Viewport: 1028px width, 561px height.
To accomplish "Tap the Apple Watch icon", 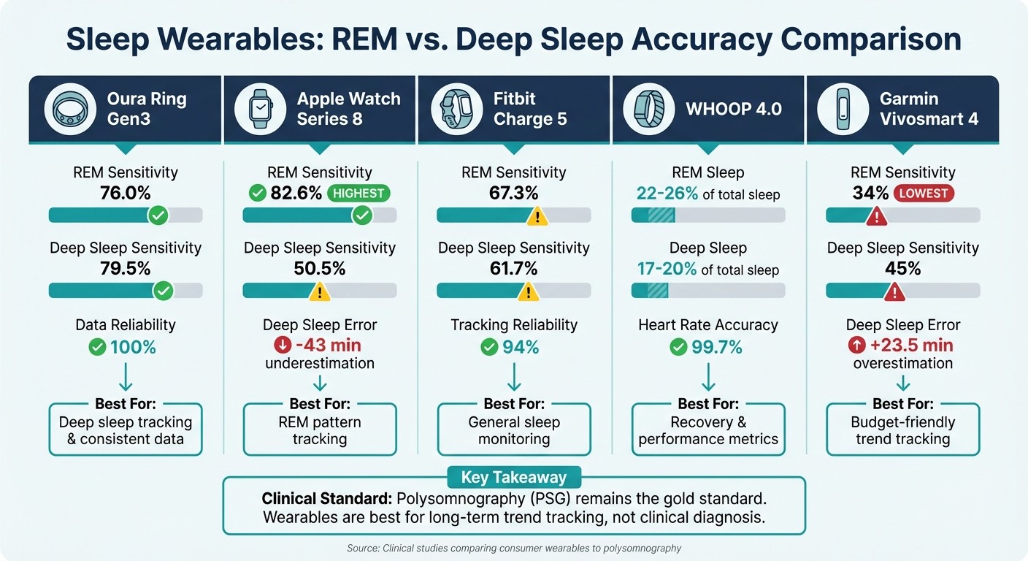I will tap(260, 109).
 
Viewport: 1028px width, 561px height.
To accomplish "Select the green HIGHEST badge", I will tap(358, 194).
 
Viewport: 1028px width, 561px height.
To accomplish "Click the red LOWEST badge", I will tap(924, 194).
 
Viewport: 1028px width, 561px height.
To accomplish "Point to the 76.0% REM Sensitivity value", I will tap(125, 193).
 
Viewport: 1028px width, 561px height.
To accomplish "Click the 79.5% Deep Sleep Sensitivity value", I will tap(125, 268).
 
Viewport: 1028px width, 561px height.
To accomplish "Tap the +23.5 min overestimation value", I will tap(911, 345).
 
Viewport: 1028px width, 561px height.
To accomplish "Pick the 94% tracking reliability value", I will tap(521, 347).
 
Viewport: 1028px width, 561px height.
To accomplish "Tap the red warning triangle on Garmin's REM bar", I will tap(875, 216).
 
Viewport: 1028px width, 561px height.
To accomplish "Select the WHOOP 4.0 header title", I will tap(733, 109).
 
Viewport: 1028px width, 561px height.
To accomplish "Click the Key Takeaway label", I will tap(513, 478).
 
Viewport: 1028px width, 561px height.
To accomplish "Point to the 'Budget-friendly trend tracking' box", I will tap(903, 430).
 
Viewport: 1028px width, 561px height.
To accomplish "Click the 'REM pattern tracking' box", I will tap(319, 430).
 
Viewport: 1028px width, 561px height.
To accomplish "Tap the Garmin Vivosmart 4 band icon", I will tap(843, 109).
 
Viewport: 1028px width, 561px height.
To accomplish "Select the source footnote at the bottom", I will tap(513, 548).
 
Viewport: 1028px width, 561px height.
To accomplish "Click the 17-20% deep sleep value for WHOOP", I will tap(666, 269).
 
